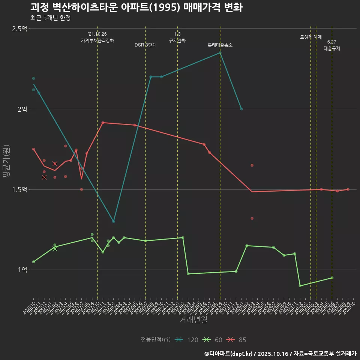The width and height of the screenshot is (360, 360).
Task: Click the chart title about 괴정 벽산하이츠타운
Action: coord(136,8)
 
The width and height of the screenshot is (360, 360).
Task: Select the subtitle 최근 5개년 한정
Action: coord(50,18)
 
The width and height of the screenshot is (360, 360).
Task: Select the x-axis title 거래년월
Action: coord(193,320)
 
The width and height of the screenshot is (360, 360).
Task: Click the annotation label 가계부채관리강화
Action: coord(97,40)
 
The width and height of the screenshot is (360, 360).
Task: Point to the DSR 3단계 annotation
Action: coord(145,45)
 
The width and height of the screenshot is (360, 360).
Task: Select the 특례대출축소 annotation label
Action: coord(220,45)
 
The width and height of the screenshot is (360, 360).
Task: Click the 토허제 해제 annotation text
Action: coord(311,37)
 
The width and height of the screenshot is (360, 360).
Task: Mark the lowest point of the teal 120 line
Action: coord(114,222)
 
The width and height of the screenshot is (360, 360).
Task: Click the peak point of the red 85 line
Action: coord(103,123)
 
